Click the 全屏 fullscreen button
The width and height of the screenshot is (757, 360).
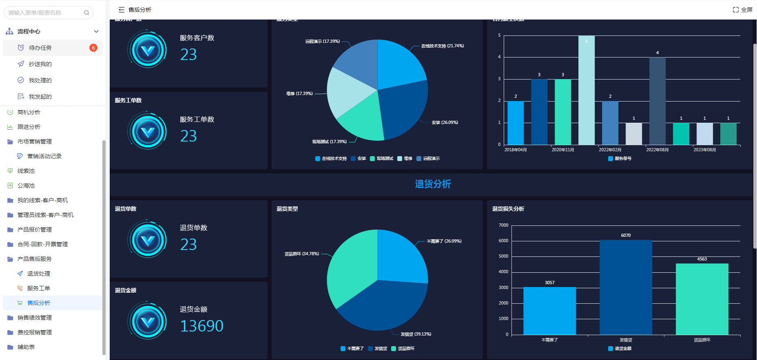click(742, 10)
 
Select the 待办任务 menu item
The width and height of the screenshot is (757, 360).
click(40, 48)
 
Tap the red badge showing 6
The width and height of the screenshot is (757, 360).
click(93, 48)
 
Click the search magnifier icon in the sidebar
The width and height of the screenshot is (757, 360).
click(86, 13)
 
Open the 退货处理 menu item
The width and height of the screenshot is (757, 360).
click(39, 274)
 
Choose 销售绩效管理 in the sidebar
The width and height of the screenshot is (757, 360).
click(35, 318)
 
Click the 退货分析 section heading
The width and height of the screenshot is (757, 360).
click(433, 184)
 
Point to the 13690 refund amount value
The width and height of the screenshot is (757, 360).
click(201, 326)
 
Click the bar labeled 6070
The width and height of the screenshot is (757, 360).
click(626, 287)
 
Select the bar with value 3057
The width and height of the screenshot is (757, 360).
click(549, 311)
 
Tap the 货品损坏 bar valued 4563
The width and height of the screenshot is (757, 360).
click(702, 299)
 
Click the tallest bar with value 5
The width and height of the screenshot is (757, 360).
click(586, 90)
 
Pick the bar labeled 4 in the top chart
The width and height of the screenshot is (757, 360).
click(657, 101)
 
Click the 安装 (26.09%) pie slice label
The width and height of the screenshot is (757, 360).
click(445, 122)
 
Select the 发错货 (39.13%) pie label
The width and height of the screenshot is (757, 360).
click(416, 334)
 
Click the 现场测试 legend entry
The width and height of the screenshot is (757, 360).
click(382, 159)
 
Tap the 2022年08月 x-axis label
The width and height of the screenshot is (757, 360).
click(657, 150)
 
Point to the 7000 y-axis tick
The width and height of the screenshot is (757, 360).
click(503, 225)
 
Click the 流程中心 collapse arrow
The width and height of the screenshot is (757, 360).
click(96, 31)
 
